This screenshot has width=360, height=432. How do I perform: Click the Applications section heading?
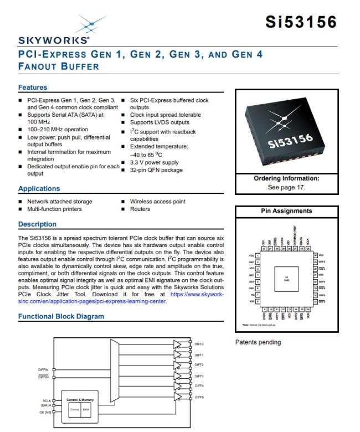tap(39, 189)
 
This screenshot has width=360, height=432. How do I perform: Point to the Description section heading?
tap(37, 224)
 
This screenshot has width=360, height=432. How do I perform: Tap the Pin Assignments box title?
tap(287, 211)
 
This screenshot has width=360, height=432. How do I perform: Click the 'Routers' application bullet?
tap(140, 209)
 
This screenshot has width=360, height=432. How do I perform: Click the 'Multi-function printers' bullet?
tap(54, 209)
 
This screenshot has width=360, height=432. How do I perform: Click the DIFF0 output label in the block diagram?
tap(199, 344)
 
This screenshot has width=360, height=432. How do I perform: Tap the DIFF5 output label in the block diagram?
tap(199, 397)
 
